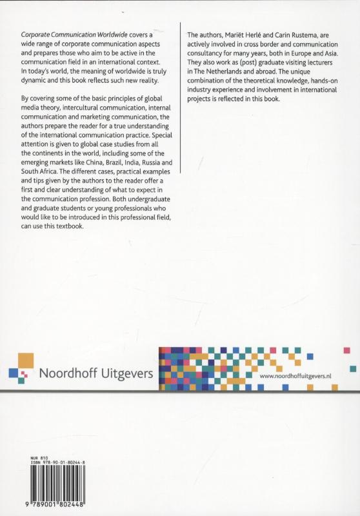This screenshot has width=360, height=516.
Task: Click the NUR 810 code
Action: pos(37,456)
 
